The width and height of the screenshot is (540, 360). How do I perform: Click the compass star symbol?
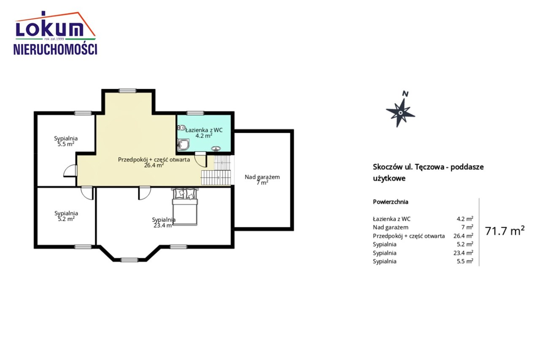coord(400,113)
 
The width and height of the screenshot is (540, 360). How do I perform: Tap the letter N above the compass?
coord(405,94)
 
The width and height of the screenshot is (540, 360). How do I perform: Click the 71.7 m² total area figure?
coord(505,231)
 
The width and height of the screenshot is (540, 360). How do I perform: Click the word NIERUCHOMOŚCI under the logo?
coord(55,49)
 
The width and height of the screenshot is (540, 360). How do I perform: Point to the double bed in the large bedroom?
coord(185,207)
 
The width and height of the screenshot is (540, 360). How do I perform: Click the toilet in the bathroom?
coord(181,127)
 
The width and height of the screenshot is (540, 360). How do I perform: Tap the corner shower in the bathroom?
coord(184,145)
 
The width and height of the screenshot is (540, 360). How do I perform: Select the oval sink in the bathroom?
coord(216,148)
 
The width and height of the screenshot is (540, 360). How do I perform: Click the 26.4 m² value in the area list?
coord(463,236)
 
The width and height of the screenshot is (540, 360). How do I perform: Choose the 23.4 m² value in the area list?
coord(463,253)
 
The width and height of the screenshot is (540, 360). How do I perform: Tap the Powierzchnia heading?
coord(391,201)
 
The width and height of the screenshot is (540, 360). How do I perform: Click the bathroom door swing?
coord(201,159)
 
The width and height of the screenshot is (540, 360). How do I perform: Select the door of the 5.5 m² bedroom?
coord(70,171)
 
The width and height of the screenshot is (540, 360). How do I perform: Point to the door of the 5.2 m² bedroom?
coord(87,193)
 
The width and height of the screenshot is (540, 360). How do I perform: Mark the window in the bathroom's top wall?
coord(195,113)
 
